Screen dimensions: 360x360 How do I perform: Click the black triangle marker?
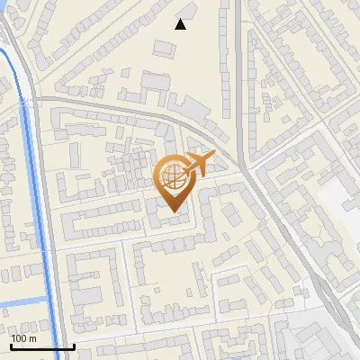tap(181, 24)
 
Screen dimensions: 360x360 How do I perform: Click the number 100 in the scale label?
tap(19, 338)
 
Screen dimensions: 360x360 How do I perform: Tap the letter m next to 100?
tap(32, 338)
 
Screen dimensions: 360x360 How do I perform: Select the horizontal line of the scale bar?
tap(41, 346)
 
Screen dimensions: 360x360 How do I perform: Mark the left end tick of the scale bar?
tap(10, 345)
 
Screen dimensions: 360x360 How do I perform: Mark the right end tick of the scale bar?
tap(74, 345)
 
